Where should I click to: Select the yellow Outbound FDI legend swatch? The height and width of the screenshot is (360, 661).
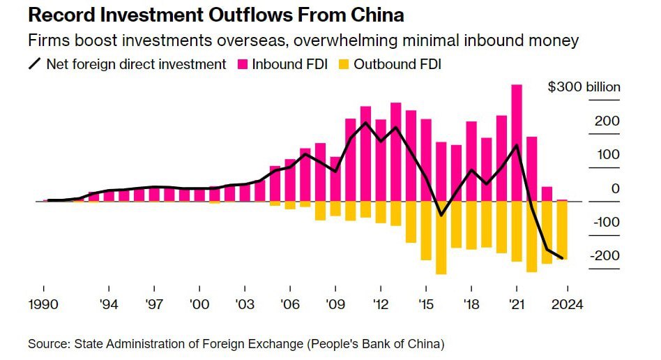[x=343, y=64]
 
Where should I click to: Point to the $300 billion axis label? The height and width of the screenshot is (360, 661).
[x=584, y=87]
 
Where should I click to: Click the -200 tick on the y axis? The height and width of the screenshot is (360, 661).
[x=605, y=255]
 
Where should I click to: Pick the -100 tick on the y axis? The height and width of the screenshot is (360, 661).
[x=605, y=222]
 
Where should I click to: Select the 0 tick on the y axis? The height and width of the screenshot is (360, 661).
[x=615, y=188]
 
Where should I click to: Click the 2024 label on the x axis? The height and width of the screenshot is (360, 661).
[x=565, y=305]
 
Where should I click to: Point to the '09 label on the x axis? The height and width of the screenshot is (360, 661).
[x=335, y=305]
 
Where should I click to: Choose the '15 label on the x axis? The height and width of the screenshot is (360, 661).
[x=426, y=305]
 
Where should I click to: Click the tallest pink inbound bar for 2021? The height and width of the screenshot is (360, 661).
[x=517, y=143]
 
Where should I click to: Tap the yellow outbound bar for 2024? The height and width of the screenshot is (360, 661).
[x=562, y=230]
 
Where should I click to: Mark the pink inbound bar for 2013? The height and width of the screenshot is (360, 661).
[x=395, y=152]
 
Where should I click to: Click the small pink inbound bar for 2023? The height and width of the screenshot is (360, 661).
[x=547, y=194]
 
